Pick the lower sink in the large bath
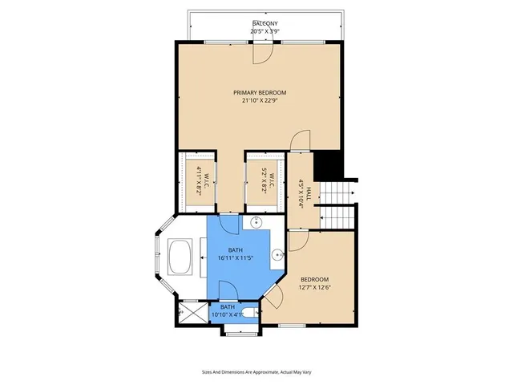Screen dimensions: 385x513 point(277,256)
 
